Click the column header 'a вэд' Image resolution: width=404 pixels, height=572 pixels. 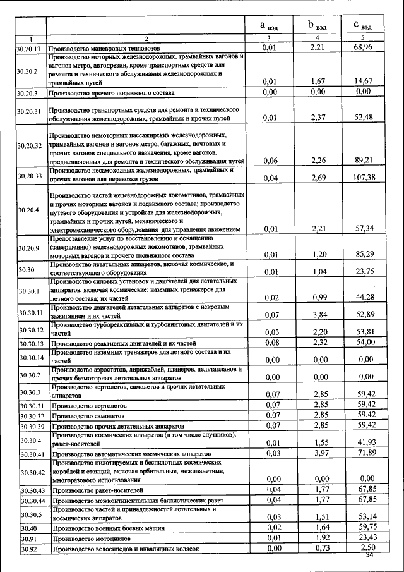[x=270, y=25]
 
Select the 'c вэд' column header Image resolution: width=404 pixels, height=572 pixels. [x=362, y=25]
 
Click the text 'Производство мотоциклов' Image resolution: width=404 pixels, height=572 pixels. [x=91, y=539]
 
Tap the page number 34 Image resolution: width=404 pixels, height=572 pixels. [x=370, y=556]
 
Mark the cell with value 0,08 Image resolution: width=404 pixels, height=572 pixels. [x=272, y=342]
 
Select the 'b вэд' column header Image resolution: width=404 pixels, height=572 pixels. [x=317, y=25]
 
